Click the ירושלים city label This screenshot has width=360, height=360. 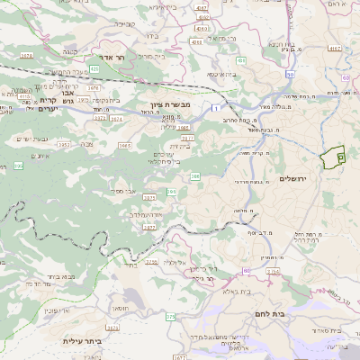point(294,179)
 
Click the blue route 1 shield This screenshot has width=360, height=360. point(217,108)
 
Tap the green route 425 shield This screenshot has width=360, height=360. point(94,67)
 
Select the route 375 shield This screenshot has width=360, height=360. point(171,317)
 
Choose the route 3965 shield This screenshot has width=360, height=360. point(125,145)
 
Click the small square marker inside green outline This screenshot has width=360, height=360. point(340,157)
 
